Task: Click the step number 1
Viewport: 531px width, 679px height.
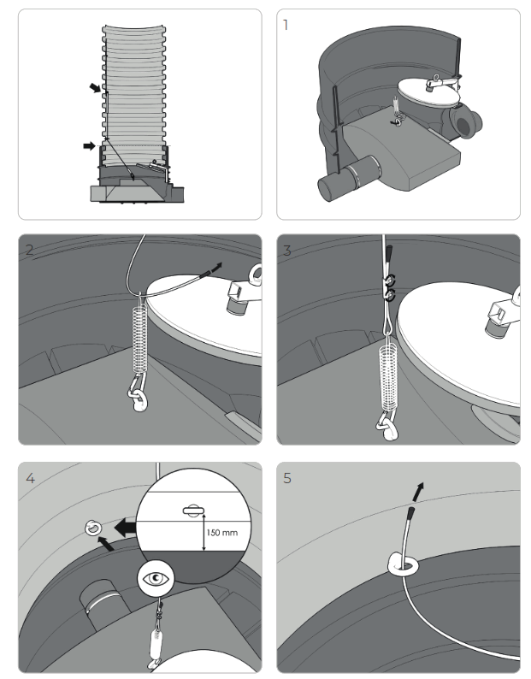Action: [285, 25]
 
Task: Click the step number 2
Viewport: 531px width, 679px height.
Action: [29, 250]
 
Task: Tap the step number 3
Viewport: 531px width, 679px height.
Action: [287, 251]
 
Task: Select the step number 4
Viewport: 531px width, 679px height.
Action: [30, 479]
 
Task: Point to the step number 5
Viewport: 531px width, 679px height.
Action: [287, 479]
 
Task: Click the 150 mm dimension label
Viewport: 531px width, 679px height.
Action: [221, 533]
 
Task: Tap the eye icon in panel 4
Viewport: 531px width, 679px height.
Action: [156, 579]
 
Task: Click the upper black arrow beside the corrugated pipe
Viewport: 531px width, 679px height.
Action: [95, 88]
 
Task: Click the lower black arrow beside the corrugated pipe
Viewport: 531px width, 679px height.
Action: [89, 146]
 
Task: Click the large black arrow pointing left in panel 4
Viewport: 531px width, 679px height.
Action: [126, 528]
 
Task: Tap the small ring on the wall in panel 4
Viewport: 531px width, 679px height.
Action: [93, 528]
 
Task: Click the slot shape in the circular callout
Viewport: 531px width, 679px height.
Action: [192, 511]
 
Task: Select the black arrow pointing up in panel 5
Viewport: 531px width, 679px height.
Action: [418, 492]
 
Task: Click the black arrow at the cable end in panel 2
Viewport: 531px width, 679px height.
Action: [216, 267]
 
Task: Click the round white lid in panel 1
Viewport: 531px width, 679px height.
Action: [429, 92]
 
